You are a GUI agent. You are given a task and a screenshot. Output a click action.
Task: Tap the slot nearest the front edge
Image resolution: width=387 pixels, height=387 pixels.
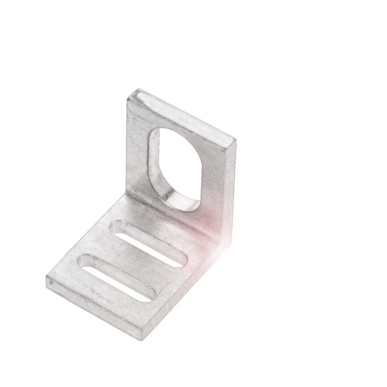pos(118,276)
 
